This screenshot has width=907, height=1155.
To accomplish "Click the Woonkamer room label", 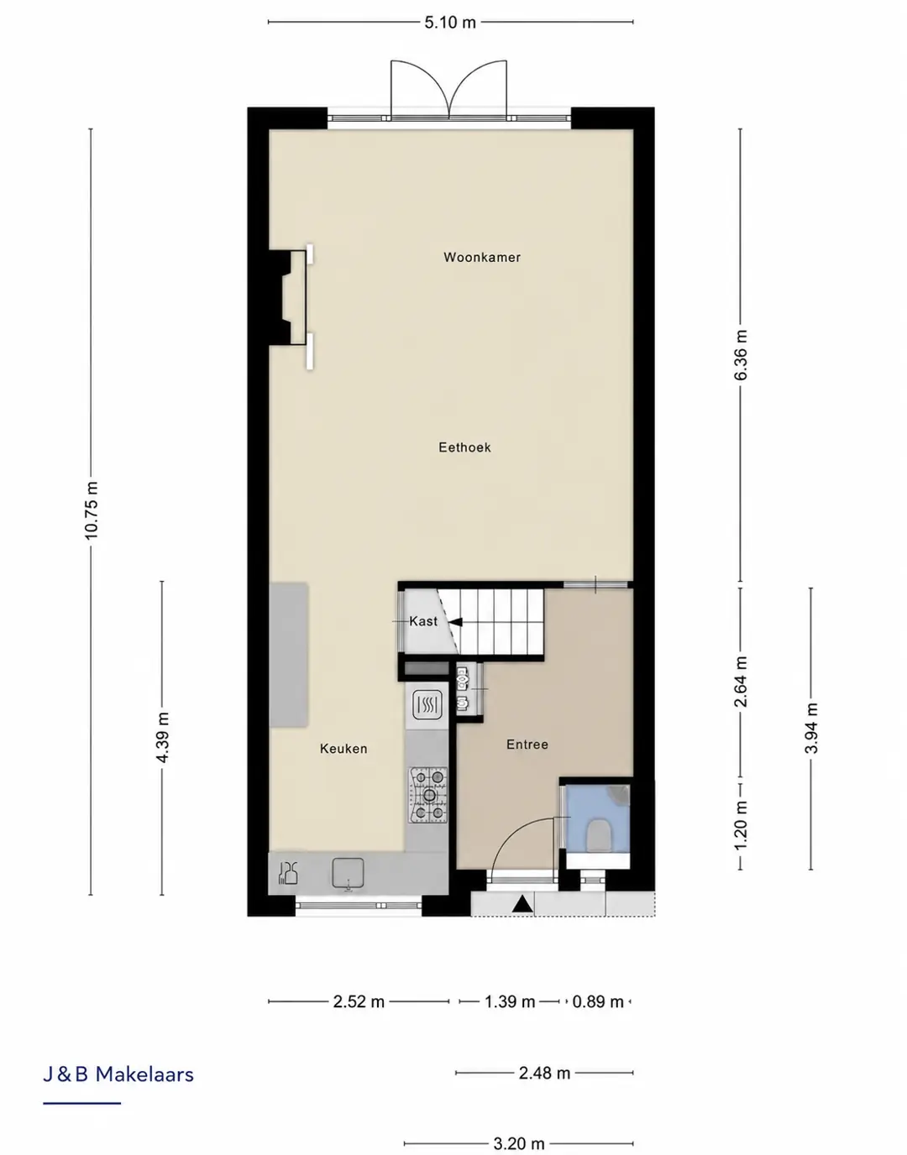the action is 482,257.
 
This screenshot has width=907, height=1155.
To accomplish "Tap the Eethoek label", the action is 464,447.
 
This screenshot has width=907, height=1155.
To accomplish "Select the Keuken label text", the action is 343,749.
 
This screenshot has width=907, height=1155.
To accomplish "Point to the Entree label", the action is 527,745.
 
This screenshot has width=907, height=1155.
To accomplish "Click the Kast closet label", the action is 423,621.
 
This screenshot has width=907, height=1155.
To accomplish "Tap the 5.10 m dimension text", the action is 450,23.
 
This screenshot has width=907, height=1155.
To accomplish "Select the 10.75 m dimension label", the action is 91,510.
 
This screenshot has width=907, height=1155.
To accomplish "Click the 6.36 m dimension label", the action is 741,355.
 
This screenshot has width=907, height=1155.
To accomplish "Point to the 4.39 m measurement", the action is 163,737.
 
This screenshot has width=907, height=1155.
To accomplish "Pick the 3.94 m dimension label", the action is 811,728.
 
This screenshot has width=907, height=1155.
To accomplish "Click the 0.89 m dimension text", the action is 598,1001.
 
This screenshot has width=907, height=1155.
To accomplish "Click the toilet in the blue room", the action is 599,834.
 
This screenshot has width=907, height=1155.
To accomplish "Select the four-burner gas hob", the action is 428,795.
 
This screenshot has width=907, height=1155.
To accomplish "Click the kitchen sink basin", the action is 349,874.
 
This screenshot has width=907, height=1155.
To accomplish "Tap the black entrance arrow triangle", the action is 522,903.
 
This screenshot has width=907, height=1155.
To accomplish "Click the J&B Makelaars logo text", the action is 118,1074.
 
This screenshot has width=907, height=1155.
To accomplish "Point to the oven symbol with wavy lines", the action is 427,705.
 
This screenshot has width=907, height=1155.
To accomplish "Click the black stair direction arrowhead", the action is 456,622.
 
